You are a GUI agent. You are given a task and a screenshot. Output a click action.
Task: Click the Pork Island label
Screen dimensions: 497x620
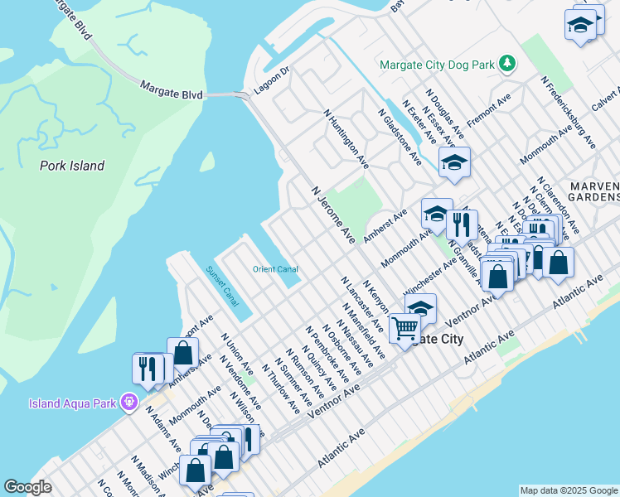(72, 166)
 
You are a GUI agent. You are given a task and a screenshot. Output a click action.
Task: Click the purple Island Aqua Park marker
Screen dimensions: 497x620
(128, 403)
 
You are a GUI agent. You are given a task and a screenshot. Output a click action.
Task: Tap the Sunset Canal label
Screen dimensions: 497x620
(221, 283)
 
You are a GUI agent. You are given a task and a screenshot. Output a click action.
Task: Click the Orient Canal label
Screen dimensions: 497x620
(275, 269)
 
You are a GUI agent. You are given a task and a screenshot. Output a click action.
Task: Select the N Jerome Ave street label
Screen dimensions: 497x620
(333, 214)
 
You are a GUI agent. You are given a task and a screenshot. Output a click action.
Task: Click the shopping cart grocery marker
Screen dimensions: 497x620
(404, 328)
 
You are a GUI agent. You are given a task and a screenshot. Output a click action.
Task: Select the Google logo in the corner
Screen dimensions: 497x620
(28, 487)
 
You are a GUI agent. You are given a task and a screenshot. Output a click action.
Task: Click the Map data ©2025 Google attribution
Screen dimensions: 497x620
(569, 490)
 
